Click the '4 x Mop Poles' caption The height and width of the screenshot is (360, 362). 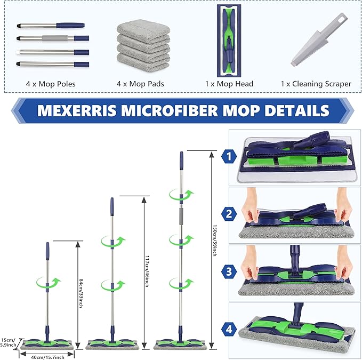pyautogui.click(x=51, y=84)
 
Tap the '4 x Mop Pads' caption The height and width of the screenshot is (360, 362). pyautogui.click(x=140, y=84)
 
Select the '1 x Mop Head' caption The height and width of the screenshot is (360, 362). pyautogui.click(x=229, y=84)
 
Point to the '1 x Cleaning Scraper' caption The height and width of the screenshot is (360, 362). pyautogui.click(x=316, y=84)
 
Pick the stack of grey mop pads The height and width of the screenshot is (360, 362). pyautogui.click(x=140, y=44)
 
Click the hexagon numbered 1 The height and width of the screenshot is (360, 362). pyautogui.click(x=229, y=157)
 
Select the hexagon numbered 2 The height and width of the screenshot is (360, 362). pyautogui.click(x=229, y=214)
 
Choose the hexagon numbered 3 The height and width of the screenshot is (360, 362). pyautogui.click(x=229, y=271)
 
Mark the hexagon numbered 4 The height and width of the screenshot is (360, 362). pyautogui.click(x=229, y=329)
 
